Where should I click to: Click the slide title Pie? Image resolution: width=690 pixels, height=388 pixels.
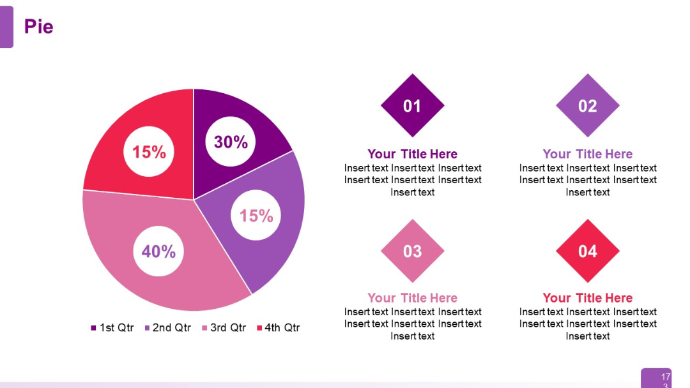click(x=38, y=27)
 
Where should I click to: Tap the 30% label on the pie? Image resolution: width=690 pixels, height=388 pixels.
click(x=231, y=142)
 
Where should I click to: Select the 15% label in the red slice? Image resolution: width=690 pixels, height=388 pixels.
click(x=149, y=152)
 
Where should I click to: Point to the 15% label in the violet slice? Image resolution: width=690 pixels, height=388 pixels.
click(x=256, y=216)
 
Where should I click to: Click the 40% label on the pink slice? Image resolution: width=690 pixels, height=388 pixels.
click(x=158, y=251)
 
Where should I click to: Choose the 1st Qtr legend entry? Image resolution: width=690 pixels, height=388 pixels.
click(x=112, y=328)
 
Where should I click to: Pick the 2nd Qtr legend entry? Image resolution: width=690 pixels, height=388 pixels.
click(x=168, y=328)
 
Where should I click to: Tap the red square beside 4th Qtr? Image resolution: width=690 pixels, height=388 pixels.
click(x=259, y=328)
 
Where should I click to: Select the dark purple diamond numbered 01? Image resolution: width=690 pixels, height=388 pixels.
click(x=412, y=106)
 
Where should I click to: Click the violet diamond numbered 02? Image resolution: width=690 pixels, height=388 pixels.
click(x=587, y=106)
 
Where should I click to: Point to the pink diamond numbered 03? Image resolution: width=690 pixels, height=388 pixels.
click(x=412, y=251)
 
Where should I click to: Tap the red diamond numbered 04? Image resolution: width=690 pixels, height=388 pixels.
click(x=587, y=251)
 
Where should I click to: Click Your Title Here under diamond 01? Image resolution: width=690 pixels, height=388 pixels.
click(x=412, y=154)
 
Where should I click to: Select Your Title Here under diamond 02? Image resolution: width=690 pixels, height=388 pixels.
click(x=587, y=154)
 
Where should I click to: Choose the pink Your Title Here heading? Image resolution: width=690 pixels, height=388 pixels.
click(x=412, y=298)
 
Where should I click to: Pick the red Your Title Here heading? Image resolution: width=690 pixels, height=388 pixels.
click(x=587, y=298)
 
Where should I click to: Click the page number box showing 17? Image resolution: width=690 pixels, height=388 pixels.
click(x=665, y=378)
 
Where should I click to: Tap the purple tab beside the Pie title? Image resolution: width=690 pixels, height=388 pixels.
click(x=6, y=27)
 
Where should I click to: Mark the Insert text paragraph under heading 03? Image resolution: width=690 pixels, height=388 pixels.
click(x=412, y=324)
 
